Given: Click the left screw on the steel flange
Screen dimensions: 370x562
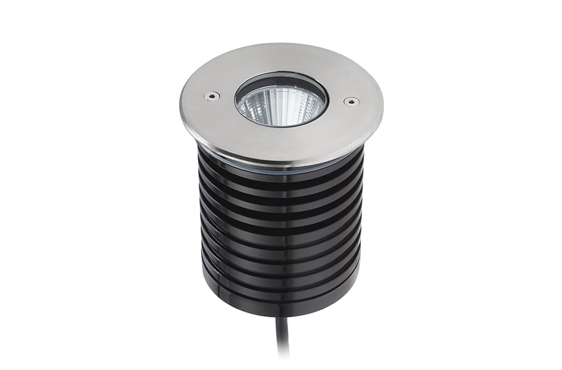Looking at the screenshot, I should coord(212,96).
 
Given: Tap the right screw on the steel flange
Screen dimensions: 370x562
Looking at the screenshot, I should coord(351,101).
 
